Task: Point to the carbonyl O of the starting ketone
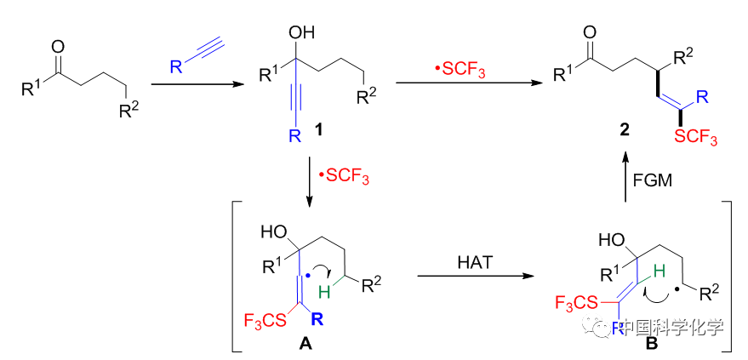[59, 40]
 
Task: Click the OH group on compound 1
[300, 34]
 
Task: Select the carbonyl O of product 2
[590, 32]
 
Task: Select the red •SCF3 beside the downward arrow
[340, 180]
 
